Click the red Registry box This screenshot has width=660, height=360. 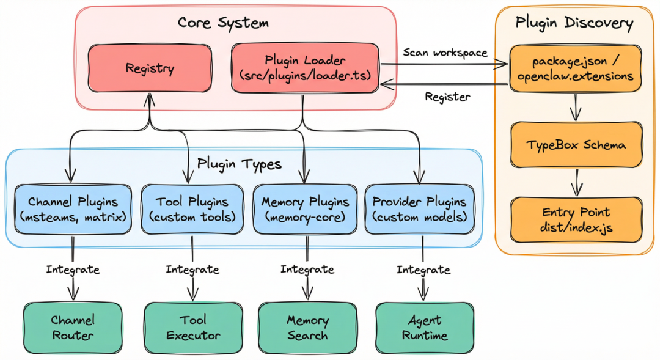point(150,68)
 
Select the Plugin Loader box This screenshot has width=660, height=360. point(305,68)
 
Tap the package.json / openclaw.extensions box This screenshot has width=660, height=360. point(576,69)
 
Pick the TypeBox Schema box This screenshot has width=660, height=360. point(576,145)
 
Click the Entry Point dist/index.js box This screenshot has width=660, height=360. point(576,219)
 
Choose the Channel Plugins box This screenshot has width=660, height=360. point(73,209)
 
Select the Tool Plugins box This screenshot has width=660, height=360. point(192,209)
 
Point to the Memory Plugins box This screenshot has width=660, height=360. point(306,209)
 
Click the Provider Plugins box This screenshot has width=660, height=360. point(419,209)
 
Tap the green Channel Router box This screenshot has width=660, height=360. point(73,327)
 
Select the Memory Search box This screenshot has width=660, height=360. point(307,327)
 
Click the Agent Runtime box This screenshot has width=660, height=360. point(425,327)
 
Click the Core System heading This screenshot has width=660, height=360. point(223,23)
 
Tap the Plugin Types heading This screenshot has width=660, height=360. point(240,164)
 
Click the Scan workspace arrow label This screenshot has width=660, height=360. point(445,53)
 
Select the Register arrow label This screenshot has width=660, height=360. point(448,97)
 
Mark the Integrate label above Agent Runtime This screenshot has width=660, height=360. point(424,270)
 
